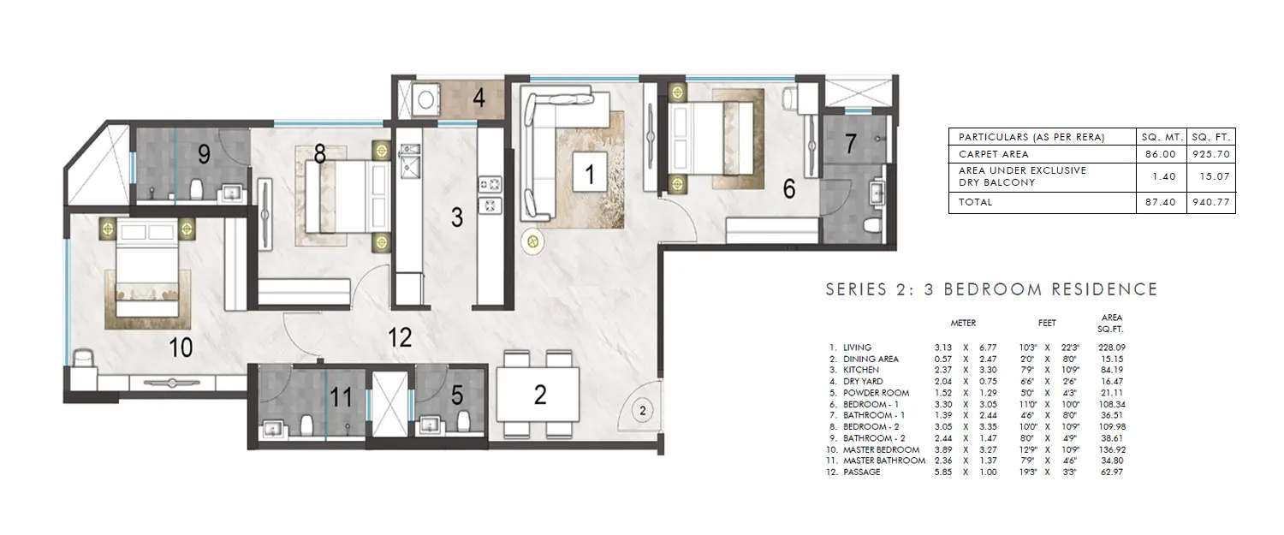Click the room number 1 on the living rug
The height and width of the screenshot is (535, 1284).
point(589,175)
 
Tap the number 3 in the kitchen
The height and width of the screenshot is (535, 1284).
point(457,217)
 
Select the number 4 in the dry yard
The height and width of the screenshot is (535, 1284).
point(479,98)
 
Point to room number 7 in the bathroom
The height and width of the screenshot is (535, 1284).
point(850,144)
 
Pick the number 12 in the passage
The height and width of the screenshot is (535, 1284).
point(400,337)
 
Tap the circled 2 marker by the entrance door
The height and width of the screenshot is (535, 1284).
point(642,411)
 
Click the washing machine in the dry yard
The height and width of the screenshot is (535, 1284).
point(422,100)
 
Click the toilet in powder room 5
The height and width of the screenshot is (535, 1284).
point(463,421)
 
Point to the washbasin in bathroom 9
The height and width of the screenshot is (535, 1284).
point(230,192)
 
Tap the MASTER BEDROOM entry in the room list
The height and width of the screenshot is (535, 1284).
point(881,449)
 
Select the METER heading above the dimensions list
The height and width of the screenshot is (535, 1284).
point(963,324)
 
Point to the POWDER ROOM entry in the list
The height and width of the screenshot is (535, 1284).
point(875,393)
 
